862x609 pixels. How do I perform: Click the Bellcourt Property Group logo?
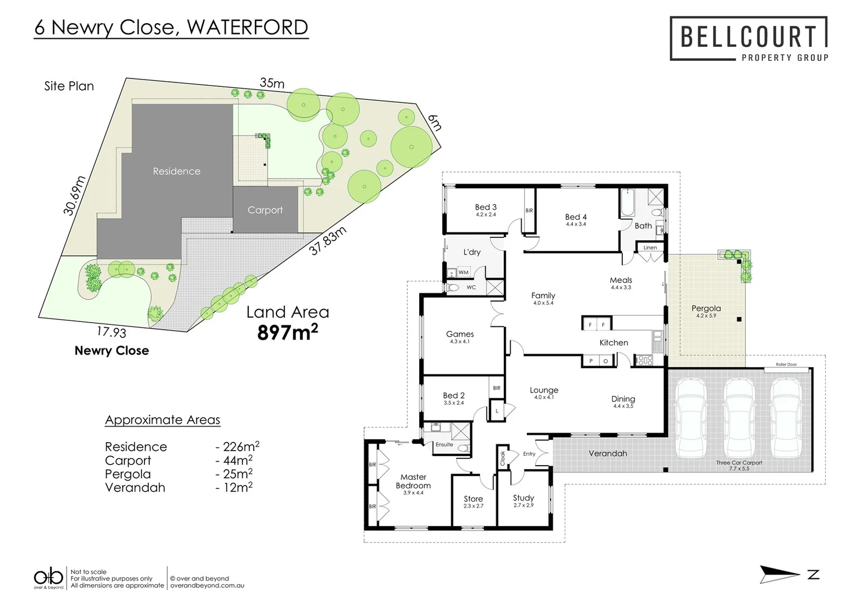point(749,39)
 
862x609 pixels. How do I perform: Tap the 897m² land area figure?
point(287,333)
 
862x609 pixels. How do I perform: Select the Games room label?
point(460,334)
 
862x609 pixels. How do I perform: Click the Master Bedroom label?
point(413,481)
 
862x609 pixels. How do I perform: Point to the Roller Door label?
point(786,365)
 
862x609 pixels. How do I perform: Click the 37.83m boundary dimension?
point(327,241)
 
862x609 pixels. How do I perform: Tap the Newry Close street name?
point(112,351)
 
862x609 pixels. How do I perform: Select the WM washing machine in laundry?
point(463,272)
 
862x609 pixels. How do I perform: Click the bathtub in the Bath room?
point(628,203)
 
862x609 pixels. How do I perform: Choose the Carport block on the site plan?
point(265,210)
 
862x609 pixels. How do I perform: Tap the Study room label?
point(523,498)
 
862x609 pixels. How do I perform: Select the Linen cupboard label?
point(650,248)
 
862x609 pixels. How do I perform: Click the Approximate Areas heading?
point(162,420)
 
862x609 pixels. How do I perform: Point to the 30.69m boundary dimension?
point(74,196)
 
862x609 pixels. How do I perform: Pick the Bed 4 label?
point(576,217)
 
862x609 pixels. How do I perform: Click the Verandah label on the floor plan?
point(608,453)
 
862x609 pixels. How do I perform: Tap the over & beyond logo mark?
point(49,577)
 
